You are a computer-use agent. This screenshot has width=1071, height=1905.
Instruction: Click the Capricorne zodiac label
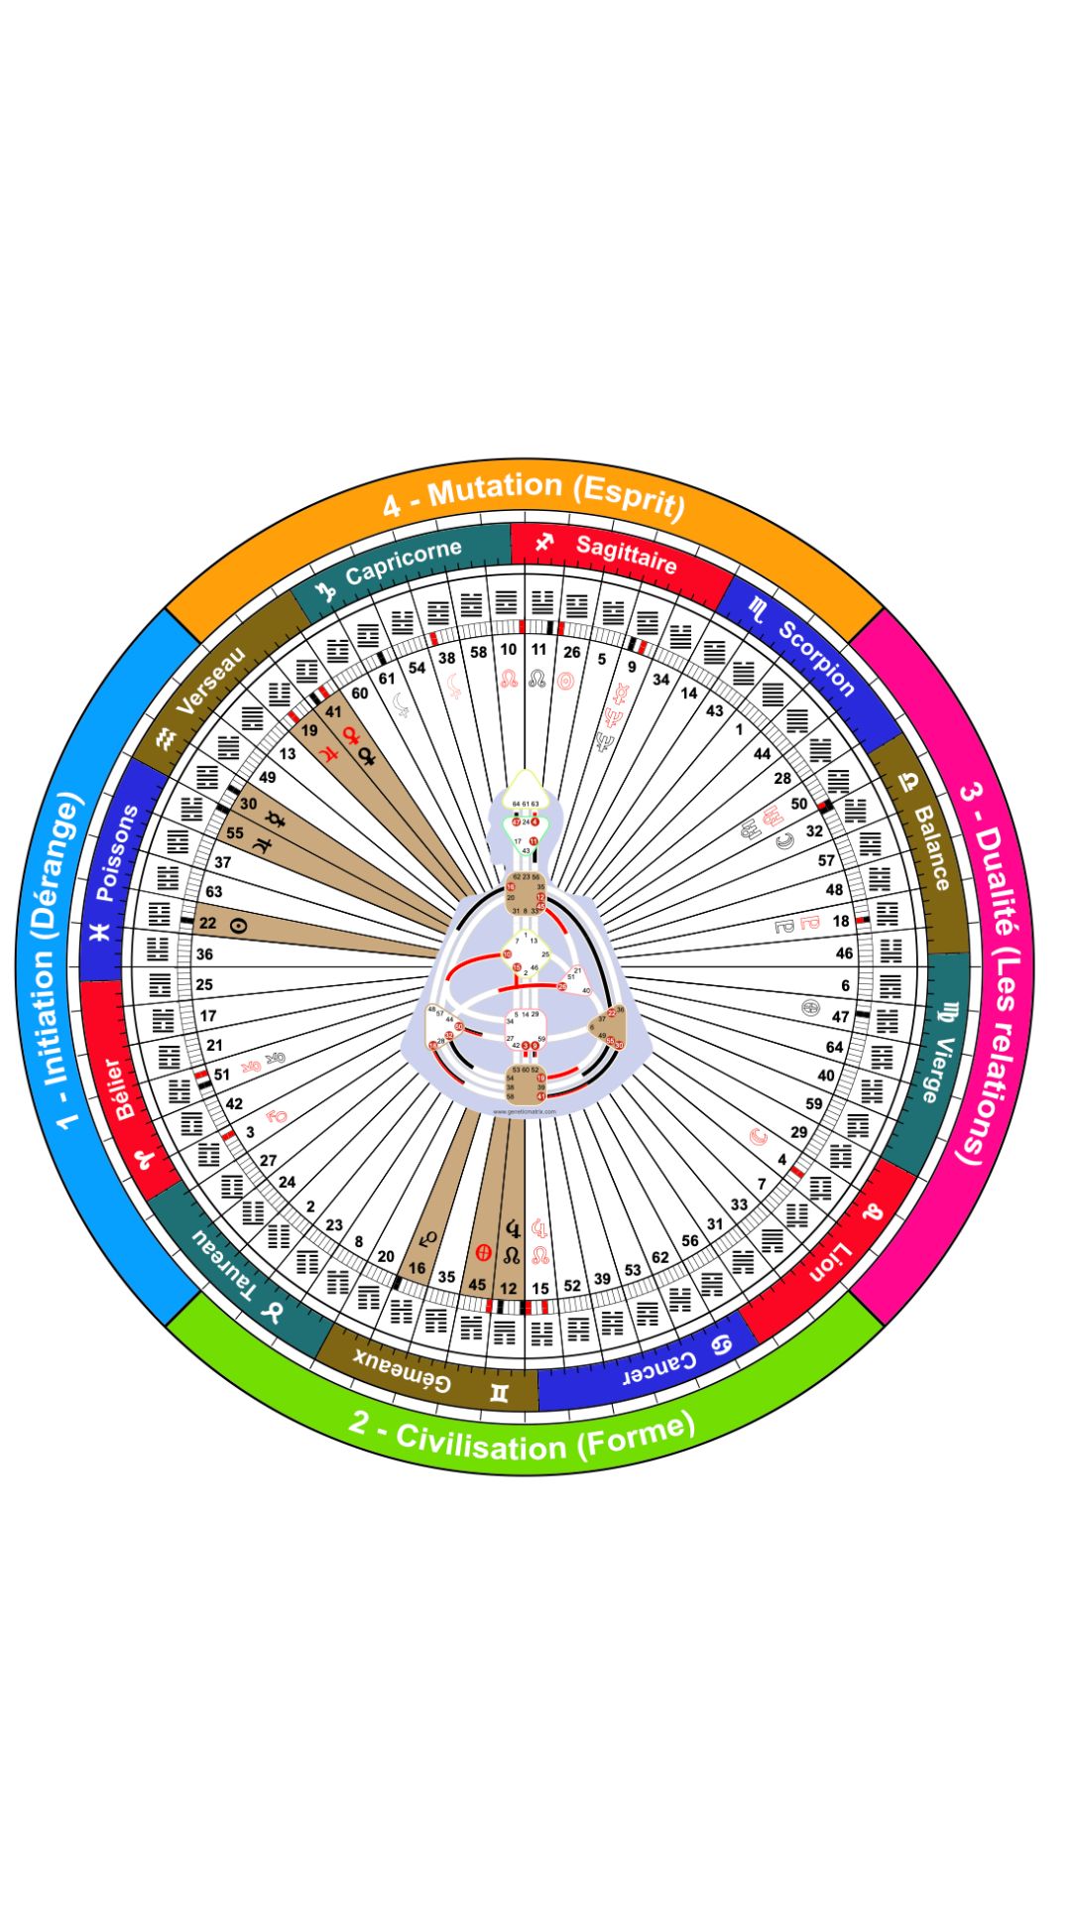(x=403, y=563)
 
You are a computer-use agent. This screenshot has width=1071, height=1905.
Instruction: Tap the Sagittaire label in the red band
(x=626, y=554)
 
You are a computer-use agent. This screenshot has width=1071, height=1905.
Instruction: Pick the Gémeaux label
(x=403, y=1371)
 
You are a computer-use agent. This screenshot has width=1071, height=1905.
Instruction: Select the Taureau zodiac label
(x=223, y=1264)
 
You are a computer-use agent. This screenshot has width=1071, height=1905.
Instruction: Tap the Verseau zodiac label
(x=209, y=680)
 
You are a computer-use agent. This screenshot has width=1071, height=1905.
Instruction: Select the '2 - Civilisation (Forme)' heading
(x=522, y=1440)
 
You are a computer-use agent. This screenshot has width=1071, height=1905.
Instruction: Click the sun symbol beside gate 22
(x=238, y=926)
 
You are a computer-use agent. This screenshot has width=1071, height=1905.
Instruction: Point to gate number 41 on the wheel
(x=333, y=711)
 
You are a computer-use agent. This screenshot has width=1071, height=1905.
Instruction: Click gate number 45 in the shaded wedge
(x=477, y=1284)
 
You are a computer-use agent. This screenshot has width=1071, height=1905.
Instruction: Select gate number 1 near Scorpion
(x=739, y=729)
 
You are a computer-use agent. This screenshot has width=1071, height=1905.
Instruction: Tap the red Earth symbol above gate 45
(x=484, y=1251)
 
